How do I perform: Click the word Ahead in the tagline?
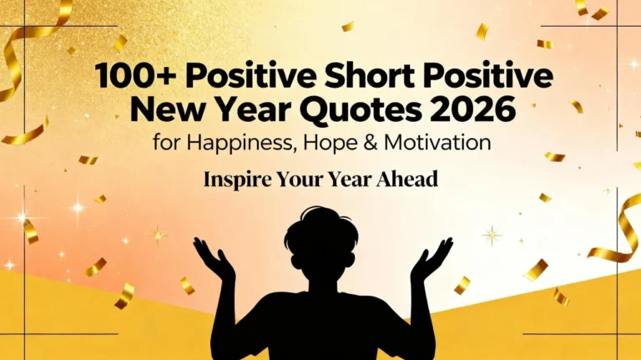[408, 179]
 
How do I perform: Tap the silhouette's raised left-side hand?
[213, 258]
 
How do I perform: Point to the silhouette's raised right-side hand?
[432, 258]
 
